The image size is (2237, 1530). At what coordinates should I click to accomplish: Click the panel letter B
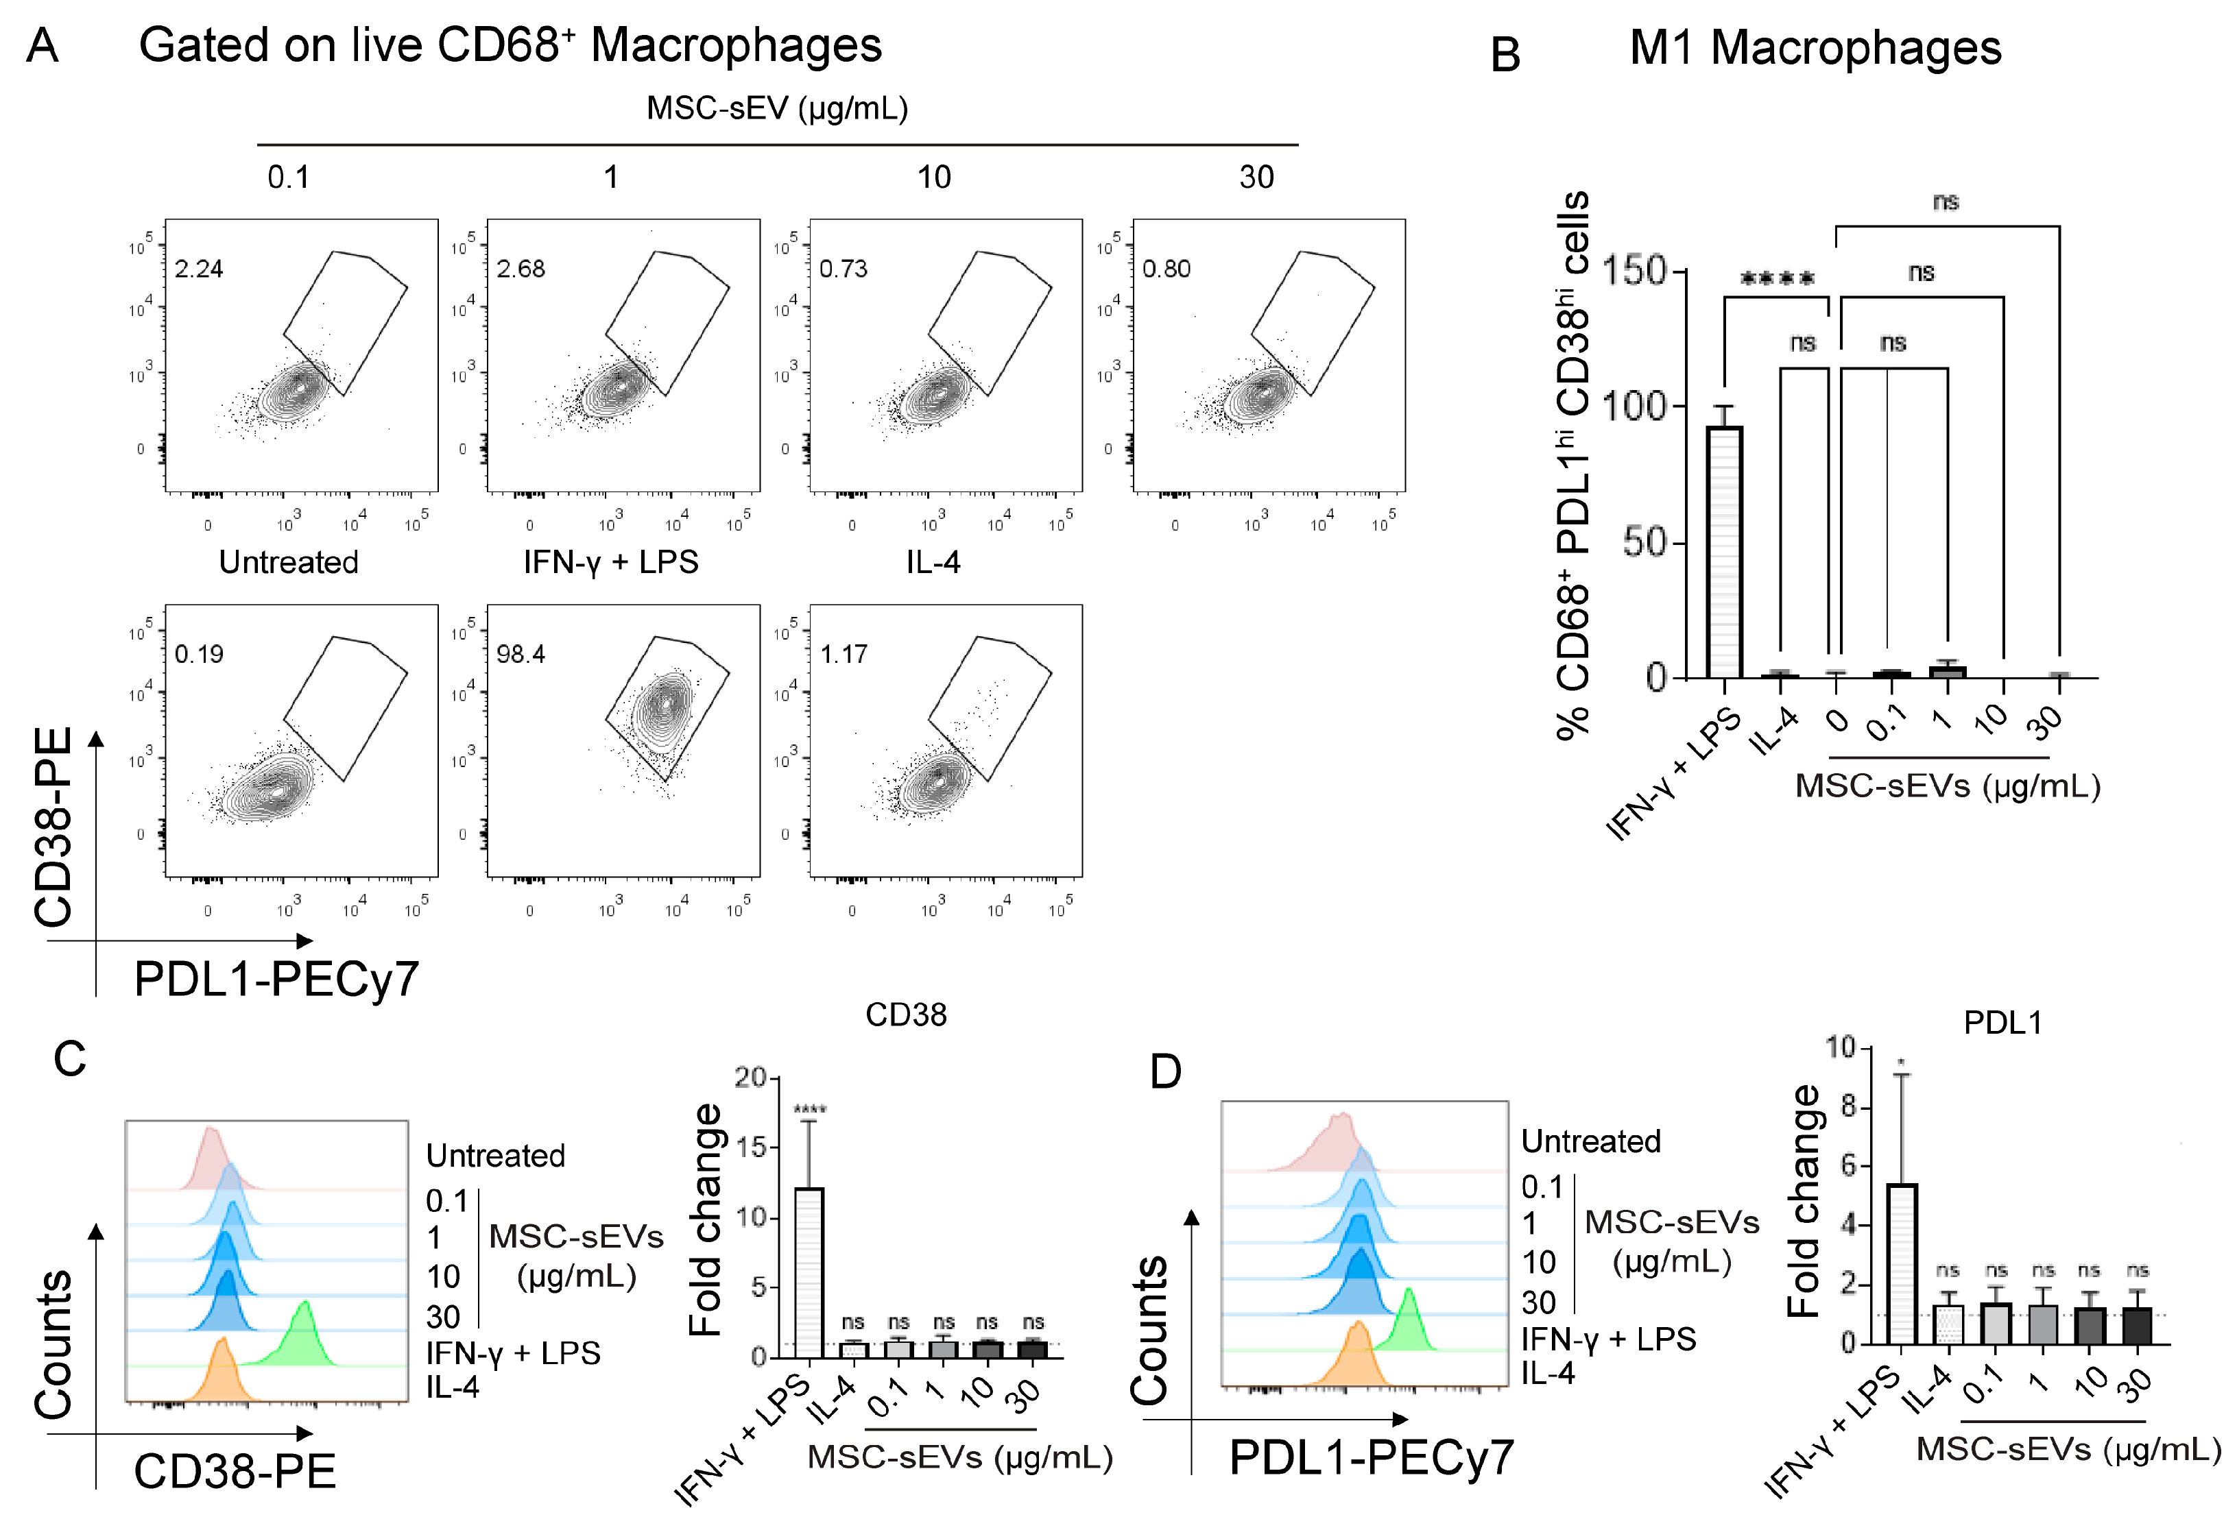click(1505, 55)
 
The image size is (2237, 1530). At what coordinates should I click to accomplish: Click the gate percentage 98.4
click(521, 655)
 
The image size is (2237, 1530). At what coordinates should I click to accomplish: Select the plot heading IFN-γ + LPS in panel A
click(610, 562)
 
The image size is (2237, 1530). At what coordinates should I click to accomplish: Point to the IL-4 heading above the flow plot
click(933, 562)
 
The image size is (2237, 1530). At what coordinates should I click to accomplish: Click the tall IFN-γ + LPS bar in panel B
click(1724, 552)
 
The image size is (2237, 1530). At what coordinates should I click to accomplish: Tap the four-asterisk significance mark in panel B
click(1777, 280)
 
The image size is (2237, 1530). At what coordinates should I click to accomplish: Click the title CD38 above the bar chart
click(906, 1015)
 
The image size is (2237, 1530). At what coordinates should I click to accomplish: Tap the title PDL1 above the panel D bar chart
click(2002, 1022)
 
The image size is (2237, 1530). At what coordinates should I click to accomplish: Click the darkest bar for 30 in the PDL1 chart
click(2136, 1326)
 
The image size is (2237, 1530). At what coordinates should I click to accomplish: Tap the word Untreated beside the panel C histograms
click(494, 1155)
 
